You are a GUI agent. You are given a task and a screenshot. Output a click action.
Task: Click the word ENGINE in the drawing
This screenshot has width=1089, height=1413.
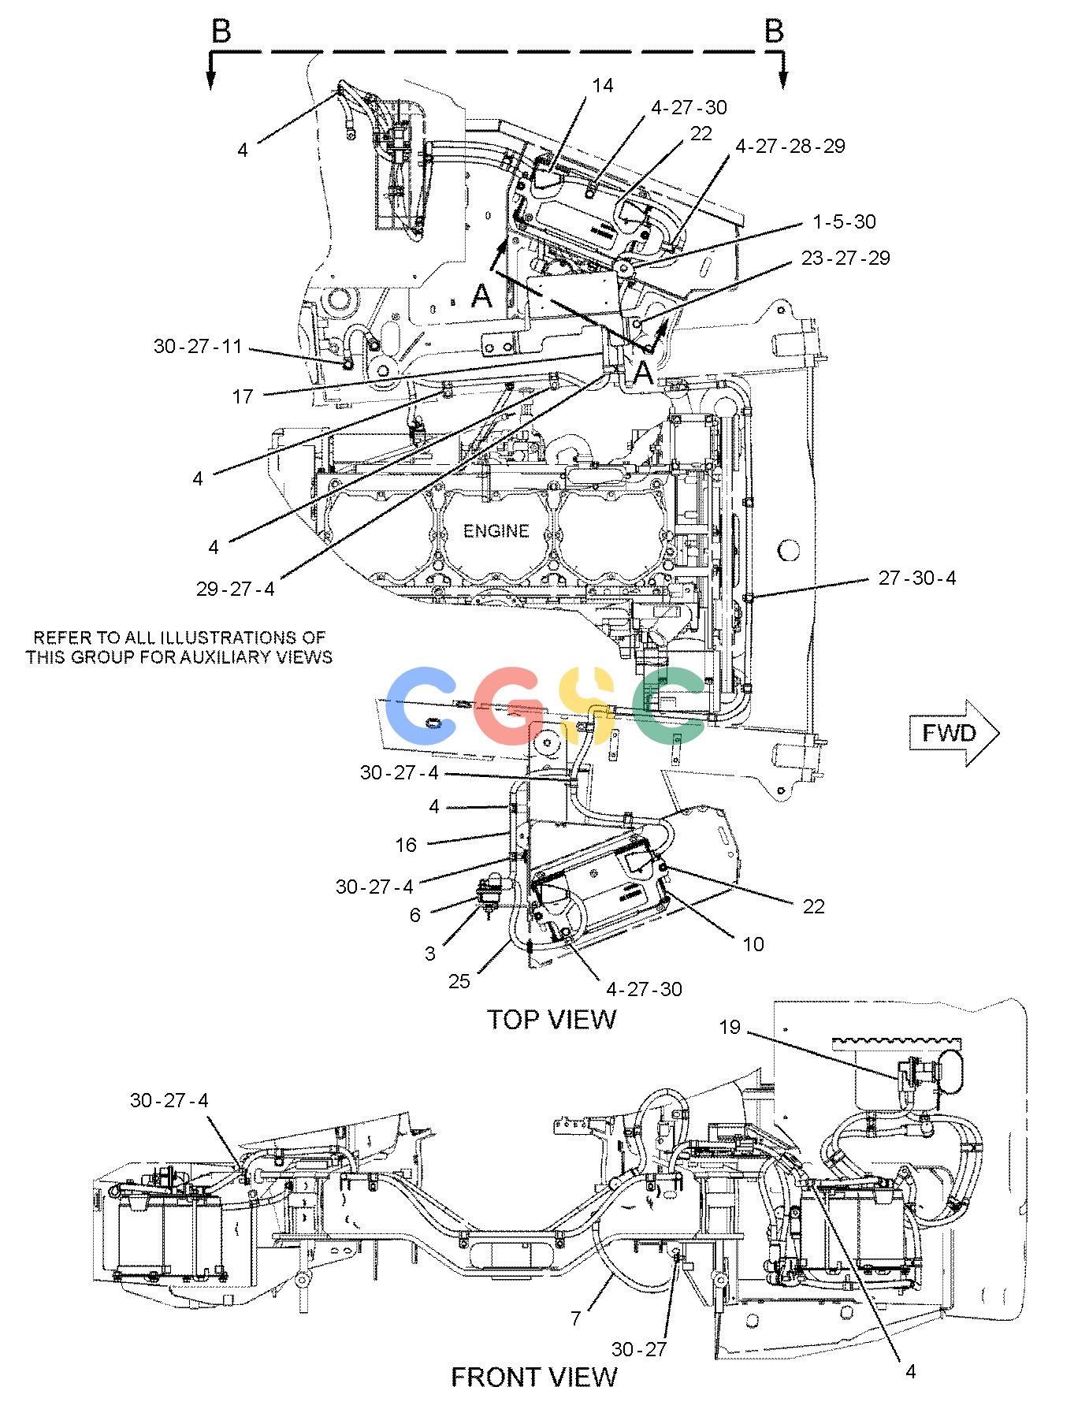(x=496, y=531)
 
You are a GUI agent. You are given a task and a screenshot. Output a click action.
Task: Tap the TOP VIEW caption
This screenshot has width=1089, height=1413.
(x=552, y=1019)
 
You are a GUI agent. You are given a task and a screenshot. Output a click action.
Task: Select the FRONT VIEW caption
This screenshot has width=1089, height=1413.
(x=534, y=1377)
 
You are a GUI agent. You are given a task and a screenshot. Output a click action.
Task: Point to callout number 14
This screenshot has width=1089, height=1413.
(x=603, y=85)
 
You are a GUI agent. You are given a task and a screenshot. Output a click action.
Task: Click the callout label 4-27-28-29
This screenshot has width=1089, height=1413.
(x=790, y=146)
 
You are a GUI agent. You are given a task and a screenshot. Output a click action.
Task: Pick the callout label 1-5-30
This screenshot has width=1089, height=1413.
(x=845, y=221)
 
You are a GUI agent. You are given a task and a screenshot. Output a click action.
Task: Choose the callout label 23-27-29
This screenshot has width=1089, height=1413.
(x=846, y=258)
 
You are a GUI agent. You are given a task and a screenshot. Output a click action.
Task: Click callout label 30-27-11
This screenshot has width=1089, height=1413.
(x=199, y=346)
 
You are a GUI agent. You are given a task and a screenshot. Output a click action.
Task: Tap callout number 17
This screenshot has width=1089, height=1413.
(x=243, y=396)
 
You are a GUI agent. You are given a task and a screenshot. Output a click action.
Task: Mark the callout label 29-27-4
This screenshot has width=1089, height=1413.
(x=236, y=589)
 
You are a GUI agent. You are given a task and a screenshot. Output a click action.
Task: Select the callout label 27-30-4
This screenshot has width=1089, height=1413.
(x=917, y=578)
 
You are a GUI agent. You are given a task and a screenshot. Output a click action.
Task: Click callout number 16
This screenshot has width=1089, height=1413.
(x=406, y=846)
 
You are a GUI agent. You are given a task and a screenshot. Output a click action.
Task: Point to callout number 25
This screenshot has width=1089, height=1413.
(x=459, y=980)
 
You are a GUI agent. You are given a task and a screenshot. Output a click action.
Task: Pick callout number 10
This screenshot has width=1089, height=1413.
(x=753, y=944)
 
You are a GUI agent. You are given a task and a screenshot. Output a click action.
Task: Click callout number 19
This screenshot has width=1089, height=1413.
(x=730, y=1027)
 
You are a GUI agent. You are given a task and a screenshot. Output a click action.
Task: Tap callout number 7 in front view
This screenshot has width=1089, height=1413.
(x=576, y=1318)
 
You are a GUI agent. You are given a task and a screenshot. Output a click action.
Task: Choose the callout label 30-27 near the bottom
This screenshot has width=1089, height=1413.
(x=639, y=1349)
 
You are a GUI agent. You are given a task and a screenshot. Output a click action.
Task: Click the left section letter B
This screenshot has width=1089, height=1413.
(x=221, y=32)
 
